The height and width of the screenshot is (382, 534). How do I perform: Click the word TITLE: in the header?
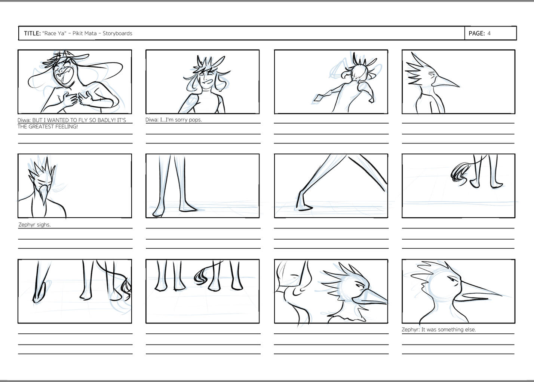(x=33, y=33)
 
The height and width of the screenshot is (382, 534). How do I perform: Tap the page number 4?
(x=489, y=33)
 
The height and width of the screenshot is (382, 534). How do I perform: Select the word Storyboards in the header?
(x=117, y=33)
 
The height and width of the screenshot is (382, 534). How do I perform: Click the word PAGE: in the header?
(x=477, y=33)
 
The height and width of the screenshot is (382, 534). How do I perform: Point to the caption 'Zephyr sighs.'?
(x=34, y=225)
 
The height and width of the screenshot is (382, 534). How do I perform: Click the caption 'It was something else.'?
(x=448, y=330)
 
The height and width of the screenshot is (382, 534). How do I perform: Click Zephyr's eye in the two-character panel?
(x=359, y=285)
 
